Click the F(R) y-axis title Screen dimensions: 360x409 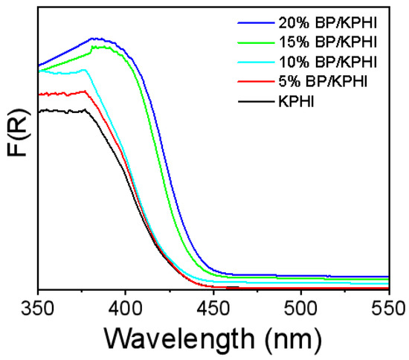tap(16, 152)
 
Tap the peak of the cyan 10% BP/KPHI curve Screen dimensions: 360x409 tap(84, 70)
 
